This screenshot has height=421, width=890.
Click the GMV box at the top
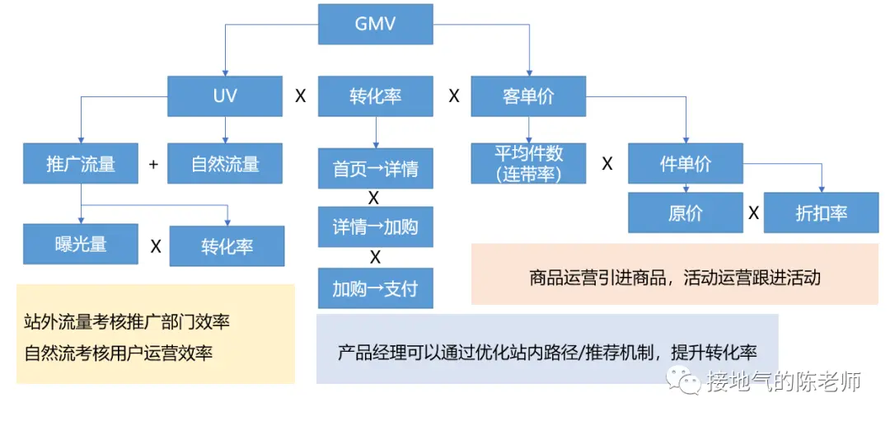tap(375, 23)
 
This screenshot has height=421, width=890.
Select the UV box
tap(224, 96)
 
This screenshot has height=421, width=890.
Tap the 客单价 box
tap(528, 96)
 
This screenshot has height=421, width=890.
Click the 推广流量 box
tap(81, 163)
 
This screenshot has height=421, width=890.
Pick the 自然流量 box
tap(225, 163)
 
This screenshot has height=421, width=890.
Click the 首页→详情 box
tap(375, 169)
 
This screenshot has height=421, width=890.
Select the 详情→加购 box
tap(375, 227)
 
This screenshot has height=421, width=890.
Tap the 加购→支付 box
tap(375, 288)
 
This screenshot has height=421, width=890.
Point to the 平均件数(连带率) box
tap(528, 163)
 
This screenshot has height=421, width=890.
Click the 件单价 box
tap(685, 163)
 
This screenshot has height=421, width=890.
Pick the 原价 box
tap(685, 213)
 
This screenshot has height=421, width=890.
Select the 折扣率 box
tap(821, 213)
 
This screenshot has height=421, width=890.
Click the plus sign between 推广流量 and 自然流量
tap(153, 164)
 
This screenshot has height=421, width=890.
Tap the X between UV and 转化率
tap(301, 96)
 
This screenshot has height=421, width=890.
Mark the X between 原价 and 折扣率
tap(753, 213)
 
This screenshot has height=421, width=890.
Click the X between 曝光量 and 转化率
tap(155, 245)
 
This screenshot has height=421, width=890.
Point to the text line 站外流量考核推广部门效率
tap(127, 322)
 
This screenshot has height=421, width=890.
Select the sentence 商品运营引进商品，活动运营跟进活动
tap(674, 278)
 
